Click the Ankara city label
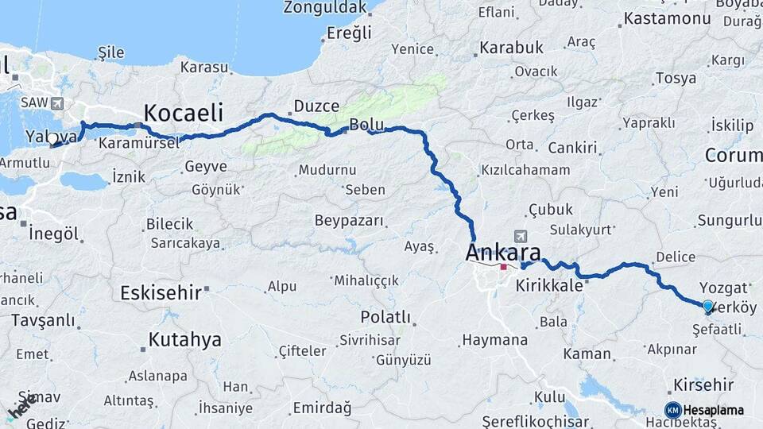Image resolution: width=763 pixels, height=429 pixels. (503, 253)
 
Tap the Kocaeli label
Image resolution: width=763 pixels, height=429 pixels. (183, 112)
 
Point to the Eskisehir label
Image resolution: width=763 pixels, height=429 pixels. (161, 292)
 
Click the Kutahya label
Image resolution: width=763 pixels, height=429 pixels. (184, 340)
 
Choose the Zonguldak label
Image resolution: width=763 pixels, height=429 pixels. (327, 7)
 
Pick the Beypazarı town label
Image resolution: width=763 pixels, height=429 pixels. (349, 220)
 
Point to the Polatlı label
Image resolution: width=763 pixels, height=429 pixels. (385, 317)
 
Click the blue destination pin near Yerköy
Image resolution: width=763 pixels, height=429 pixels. (708, 305)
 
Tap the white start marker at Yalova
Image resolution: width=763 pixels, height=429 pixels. (52, 138)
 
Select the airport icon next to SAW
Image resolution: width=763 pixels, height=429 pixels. (57, 103)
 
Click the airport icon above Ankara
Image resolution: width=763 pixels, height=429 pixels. (521, 236)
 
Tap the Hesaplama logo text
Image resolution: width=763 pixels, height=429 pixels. (714, 410)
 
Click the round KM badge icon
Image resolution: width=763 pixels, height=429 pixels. (672, 410)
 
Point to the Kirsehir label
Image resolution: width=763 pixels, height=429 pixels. (703, 385)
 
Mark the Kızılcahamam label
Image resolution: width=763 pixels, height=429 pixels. (525, 170)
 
